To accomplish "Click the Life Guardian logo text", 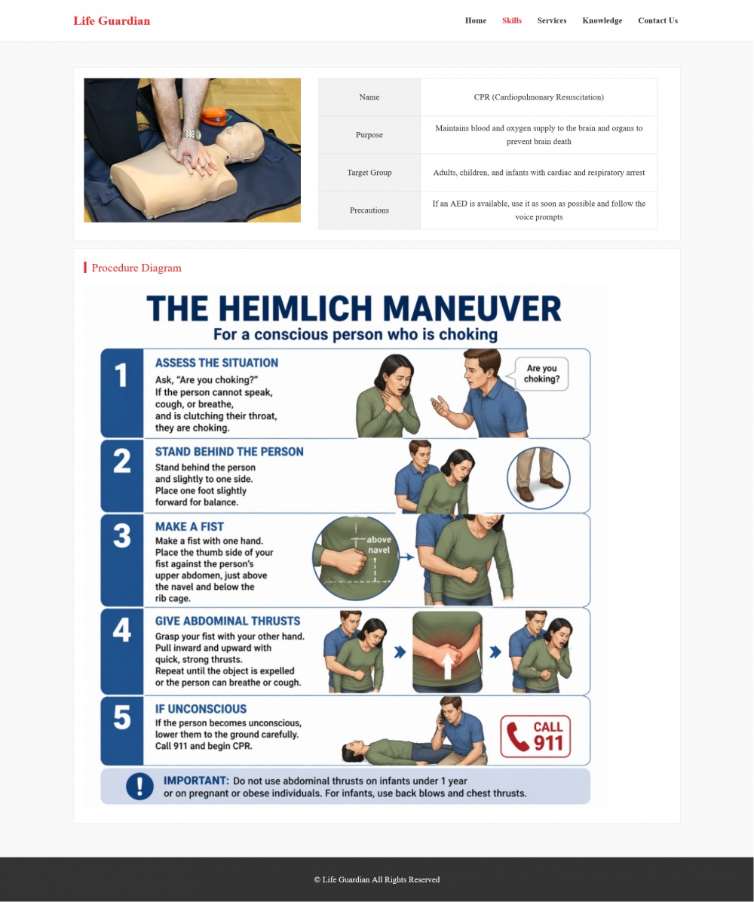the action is click(x=112, y=20).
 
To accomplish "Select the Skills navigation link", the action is click(x=512, y=20).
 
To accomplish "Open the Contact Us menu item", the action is click(x=658, y=20).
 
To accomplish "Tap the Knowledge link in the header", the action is click(x=602, y=20).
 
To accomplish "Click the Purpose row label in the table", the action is click(x=369, y=134).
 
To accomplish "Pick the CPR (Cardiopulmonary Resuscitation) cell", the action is click(x=539, y=97).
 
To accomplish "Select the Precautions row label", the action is click(x=369, y=210).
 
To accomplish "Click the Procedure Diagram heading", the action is click(x=136, y=268).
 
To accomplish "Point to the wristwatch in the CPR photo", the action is click(x=192, y=134).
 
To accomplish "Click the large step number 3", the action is click(x=122, y=535).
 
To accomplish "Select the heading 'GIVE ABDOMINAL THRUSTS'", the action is click(x=228, y=621).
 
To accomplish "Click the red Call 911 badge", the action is click(x=535, y=736).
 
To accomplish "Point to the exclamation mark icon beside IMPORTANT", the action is click(x=139, y=786).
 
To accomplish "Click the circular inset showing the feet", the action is click(x=539, y=478).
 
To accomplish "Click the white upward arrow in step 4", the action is click(x=447, y=666).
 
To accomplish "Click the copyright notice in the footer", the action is click(x=377, y=879).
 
